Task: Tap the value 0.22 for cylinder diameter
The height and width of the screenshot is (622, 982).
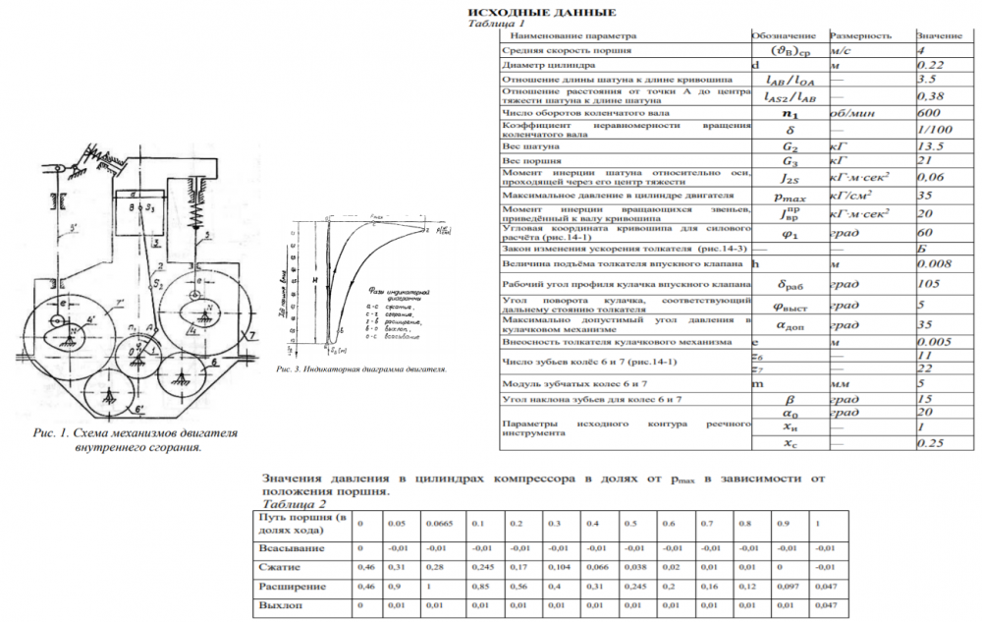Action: coord(930,65)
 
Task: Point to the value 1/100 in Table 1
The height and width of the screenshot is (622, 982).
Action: coord(932,131)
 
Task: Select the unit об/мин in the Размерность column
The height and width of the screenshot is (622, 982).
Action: coord(851,114)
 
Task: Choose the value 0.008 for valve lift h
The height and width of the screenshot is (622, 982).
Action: coord(932,264)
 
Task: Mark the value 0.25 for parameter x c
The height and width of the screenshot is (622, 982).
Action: coord(931,443)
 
